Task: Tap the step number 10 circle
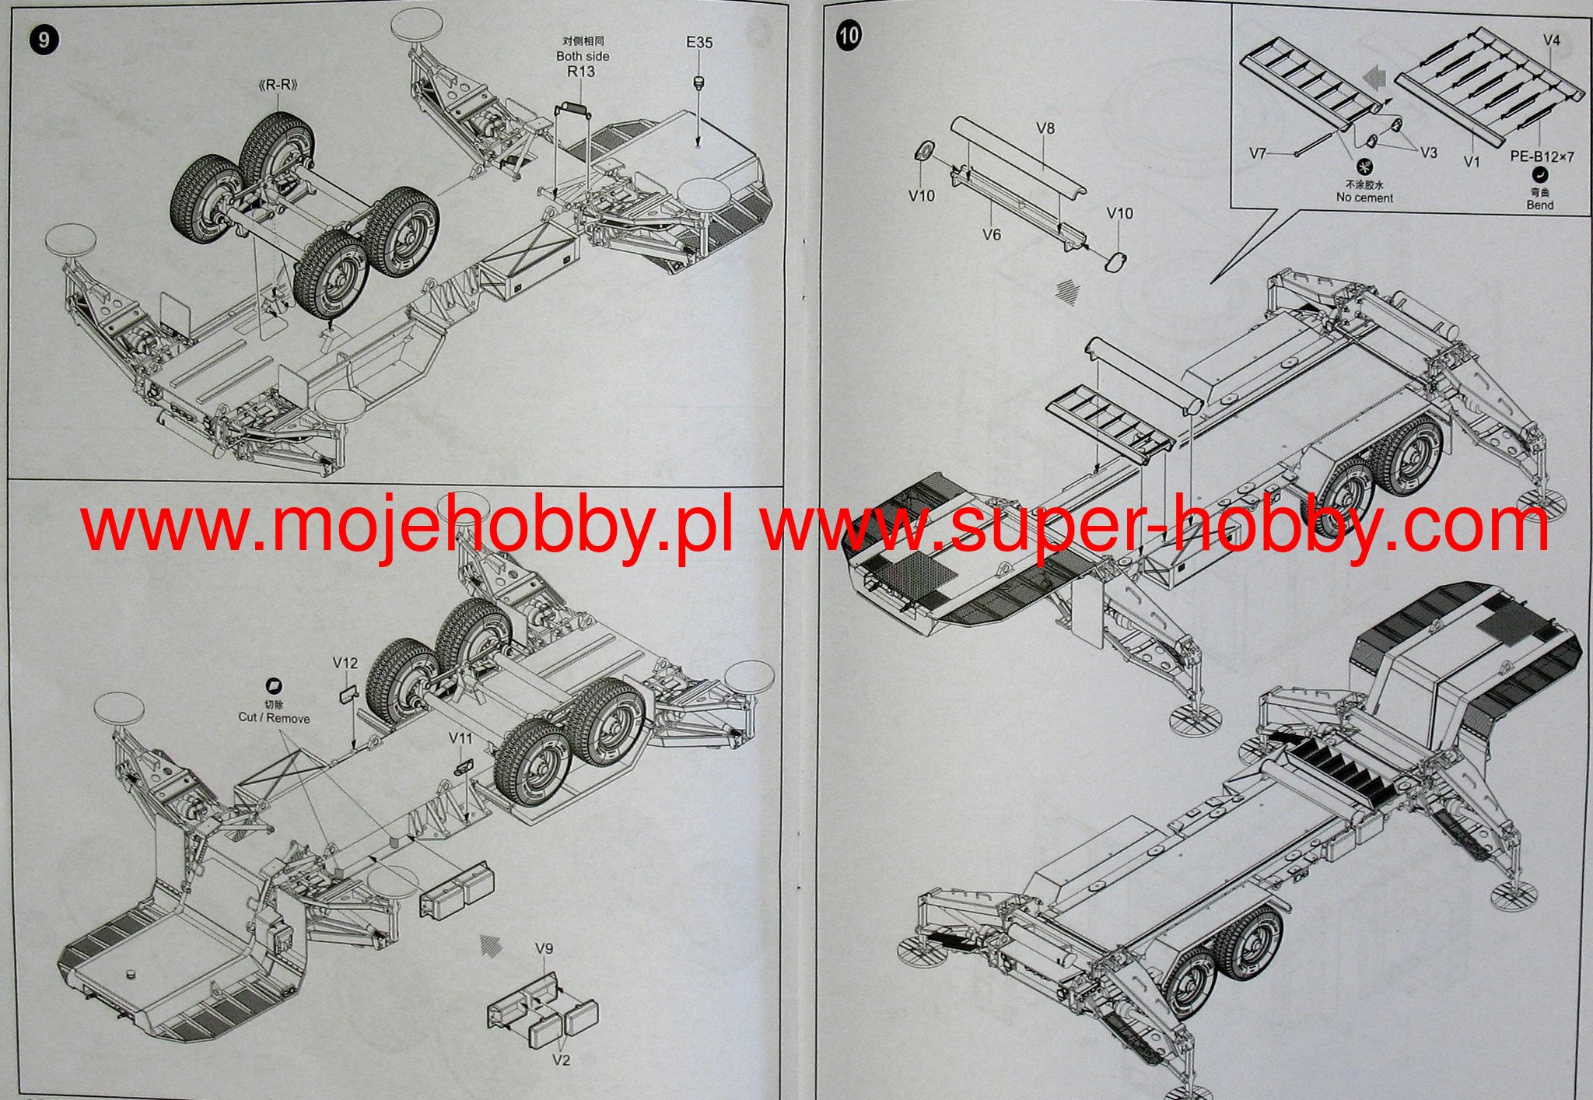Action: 849,35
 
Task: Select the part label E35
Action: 698,43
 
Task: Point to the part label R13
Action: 581,72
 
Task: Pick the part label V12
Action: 345,663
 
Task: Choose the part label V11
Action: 460,737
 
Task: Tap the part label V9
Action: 544,948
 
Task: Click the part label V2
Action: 561,1060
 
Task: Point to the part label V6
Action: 991,234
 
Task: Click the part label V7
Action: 1258,153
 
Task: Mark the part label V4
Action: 1551,40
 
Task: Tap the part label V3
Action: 1429,152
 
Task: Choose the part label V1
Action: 1472,162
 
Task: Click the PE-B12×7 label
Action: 1542,156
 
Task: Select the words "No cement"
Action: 1364,198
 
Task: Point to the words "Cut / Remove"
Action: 274,717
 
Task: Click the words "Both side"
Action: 583,56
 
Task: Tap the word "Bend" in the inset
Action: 1539,205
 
